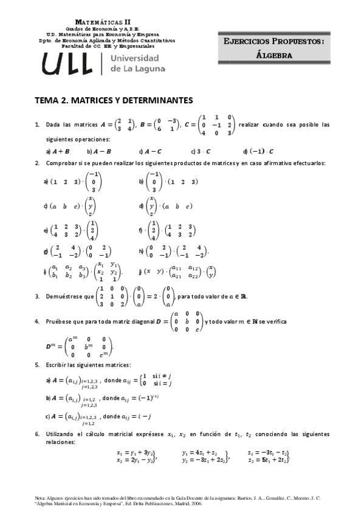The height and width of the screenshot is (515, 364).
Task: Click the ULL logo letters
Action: point(67,63)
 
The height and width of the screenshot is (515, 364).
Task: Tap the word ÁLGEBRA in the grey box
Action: point(275,55)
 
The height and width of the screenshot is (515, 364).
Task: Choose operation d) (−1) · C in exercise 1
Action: point(258,151)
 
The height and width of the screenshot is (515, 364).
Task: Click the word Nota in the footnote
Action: point(41,497)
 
